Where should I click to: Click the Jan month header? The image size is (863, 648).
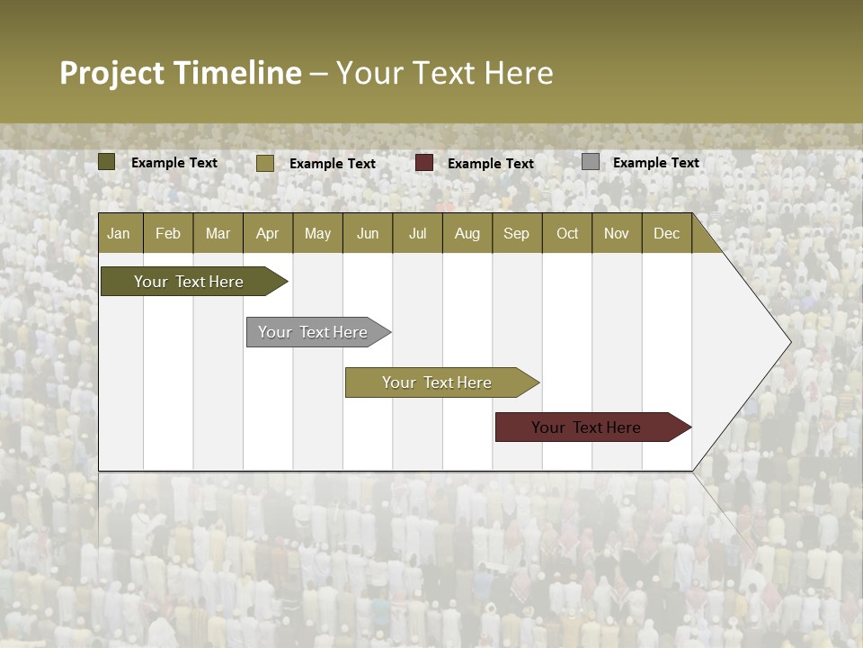point(119,233)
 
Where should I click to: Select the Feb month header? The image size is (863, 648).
point(168,233)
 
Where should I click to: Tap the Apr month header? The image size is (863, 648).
point(267,233)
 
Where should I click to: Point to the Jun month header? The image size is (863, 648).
point(368,233)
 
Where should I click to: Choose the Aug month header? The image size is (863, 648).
point(467,233)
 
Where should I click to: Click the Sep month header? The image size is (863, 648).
point(516,233)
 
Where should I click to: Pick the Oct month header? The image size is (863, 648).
point(567,233)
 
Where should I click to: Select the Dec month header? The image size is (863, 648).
point(666,233)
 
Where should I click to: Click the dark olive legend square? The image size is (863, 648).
point(107,162)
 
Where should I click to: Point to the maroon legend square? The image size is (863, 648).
point(424,163)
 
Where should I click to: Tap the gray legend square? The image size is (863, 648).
point(591,162)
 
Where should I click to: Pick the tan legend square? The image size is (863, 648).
point(265,163)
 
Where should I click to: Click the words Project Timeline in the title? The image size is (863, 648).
point(181,73)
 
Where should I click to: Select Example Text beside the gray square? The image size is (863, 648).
point(655,163)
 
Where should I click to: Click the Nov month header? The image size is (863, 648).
point(617,233)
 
